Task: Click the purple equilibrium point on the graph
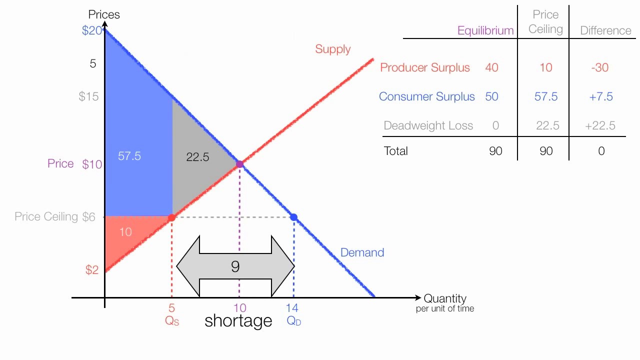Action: (239, 164)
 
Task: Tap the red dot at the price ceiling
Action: (171, 217)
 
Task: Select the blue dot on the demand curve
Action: (293, 217)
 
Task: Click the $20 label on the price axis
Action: (92, 30)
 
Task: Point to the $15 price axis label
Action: (89, 96)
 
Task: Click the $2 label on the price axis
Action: (92, 270)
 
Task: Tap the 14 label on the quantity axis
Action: (292, 308)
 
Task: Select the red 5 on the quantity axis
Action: (171, 308)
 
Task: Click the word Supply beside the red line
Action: (332, 49)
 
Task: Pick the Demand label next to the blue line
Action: (362, 252)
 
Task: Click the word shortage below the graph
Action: (238, 320)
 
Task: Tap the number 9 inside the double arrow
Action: (235, 266)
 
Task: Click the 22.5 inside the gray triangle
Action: (197, 157)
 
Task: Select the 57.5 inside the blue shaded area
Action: (129, 156)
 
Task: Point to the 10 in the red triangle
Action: (125, 231)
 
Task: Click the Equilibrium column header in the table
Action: (485, 30)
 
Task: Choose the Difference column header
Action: (605, 30)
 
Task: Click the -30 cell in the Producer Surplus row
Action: (599, 67)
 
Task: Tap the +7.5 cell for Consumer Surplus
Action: (600, 96)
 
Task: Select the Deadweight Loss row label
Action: (428, 125)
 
